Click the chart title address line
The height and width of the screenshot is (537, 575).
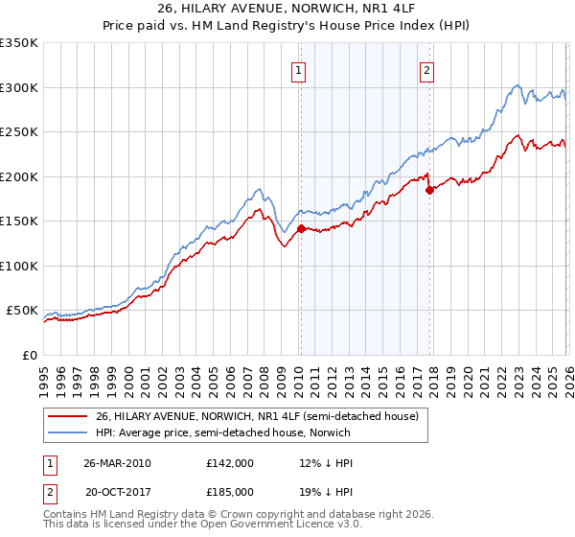point(287,7)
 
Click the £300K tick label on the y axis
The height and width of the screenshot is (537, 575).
point(18,87)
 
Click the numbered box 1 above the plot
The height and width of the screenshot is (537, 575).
point(300,69)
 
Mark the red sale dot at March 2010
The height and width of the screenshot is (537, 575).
point(301,228)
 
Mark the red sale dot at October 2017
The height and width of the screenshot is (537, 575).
point(429,190)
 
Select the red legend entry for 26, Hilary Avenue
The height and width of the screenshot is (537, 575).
point(257,417)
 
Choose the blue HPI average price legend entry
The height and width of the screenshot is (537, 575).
point(223,433)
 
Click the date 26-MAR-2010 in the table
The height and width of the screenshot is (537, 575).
point(117,463)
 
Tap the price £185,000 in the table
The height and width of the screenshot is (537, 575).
point(229,491)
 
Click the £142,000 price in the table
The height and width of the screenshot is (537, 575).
point(229,463)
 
